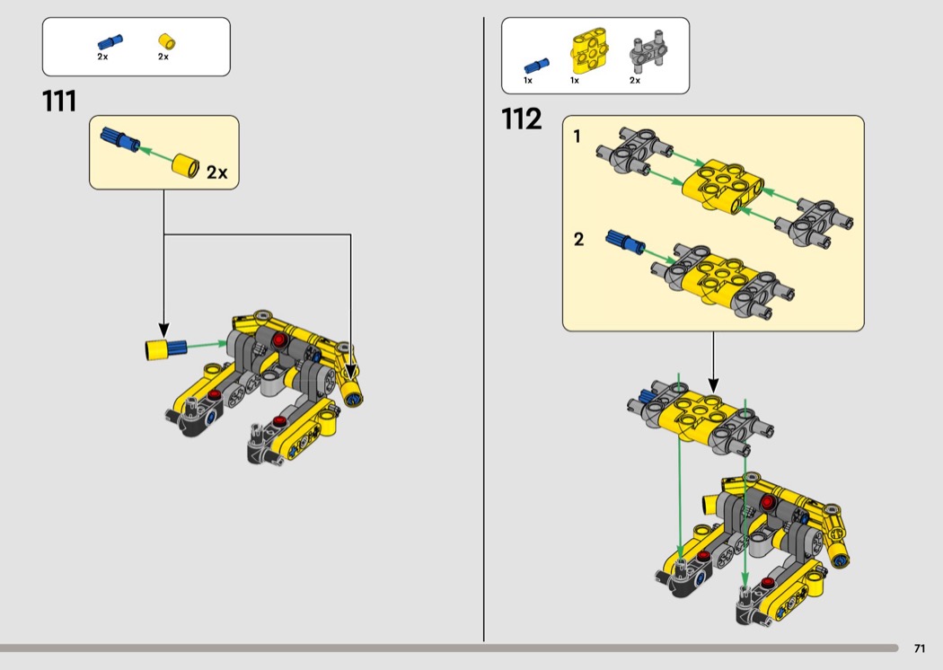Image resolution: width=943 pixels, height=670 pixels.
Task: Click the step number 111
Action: (x=59, y=101)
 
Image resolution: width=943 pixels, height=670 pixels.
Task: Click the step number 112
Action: (x=522, y=119)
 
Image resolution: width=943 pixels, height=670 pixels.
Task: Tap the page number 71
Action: (x=919, y=648)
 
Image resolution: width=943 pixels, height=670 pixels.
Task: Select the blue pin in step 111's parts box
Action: (x=110, y=41)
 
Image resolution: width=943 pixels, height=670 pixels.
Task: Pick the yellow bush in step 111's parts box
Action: (x=164, y=41)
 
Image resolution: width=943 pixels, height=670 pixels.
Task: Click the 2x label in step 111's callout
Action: (x=216, y=172)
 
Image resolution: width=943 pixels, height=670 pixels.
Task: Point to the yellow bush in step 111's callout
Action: (x=187, y=165)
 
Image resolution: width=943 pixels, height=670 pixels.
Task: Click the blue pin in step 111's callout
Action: (x=118, y=138)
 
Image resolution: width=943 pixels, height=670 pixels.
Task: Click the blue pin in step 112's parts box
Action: (x=535, y=65)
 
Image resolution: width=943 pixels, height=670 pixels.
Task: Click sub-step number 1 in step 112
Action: (x=577, y=137)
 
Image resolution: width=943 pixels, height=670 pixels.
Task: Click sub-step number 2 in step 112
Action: (x=578, y=239)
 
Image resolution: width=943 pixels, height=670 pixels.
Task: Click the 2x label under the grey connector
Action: (x=635, y=81)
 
